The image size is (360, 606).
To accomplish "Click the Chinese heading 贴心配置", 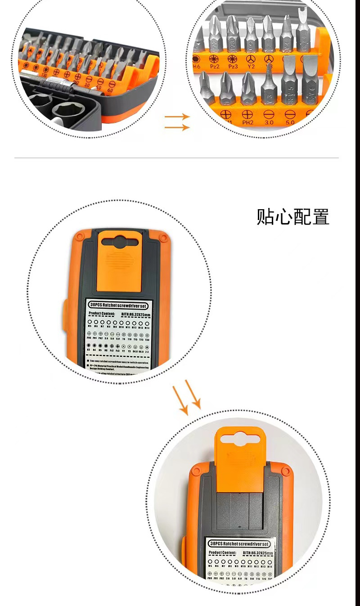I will pos(293,217).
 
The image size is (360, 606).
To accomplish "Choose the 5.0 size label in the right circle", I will pos(289,121).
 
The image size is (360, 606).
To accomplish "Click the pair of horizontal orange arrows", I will pos(177,122).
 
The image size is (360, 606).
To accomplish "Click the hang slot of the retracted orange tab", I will pos(119,242).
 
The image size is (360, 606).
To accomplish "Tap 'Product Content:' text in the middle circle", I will pos(102,314).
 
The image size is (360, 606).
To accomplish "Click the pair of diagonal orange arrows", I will pos(189,396).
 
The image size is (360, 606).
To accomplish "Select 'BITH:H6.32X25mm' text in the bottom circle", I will pos(257,553).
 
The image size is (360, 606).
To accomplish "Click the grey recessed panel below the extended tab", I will pos(239,513).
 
